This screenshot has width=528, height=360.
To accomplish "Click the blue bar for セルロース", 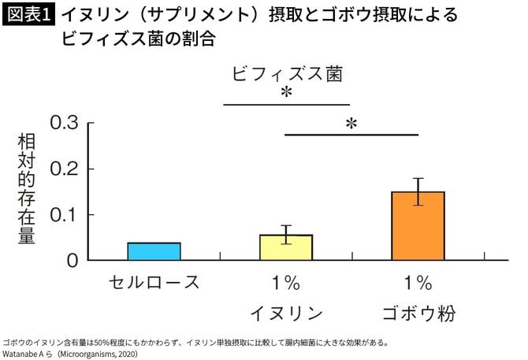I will click(154, 251).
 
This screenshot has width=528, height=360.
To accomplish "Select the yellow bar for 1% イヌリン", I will click(286, 247).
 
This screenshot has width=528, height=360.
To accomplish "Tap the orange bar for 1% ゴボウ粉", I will click(418, 225).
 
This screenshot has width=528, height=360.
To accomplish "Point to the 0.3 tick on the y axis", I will click(67, 124).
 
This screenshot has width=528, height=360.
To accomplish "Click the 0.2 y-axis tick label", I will click(67, 169).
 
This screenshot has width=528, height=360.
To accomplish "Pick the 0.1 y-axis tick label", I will click(67, 215).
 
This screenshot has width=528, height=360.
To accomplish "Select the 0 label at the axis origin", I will click(72, 260).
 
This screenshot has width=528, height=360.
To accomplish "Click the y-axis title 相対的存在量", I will click(26, 189).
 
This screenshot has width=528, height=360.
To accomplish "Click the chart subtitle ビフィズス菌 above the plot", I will click(287, 74).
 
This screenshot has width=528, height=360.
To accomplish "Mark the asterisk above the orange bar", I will click(351, 124).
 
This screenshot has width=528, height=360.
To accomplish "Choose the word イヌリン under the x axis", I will click(286, 314).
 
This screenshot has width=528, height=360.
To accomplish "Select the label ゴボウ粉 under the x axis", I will click(418, 314).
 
